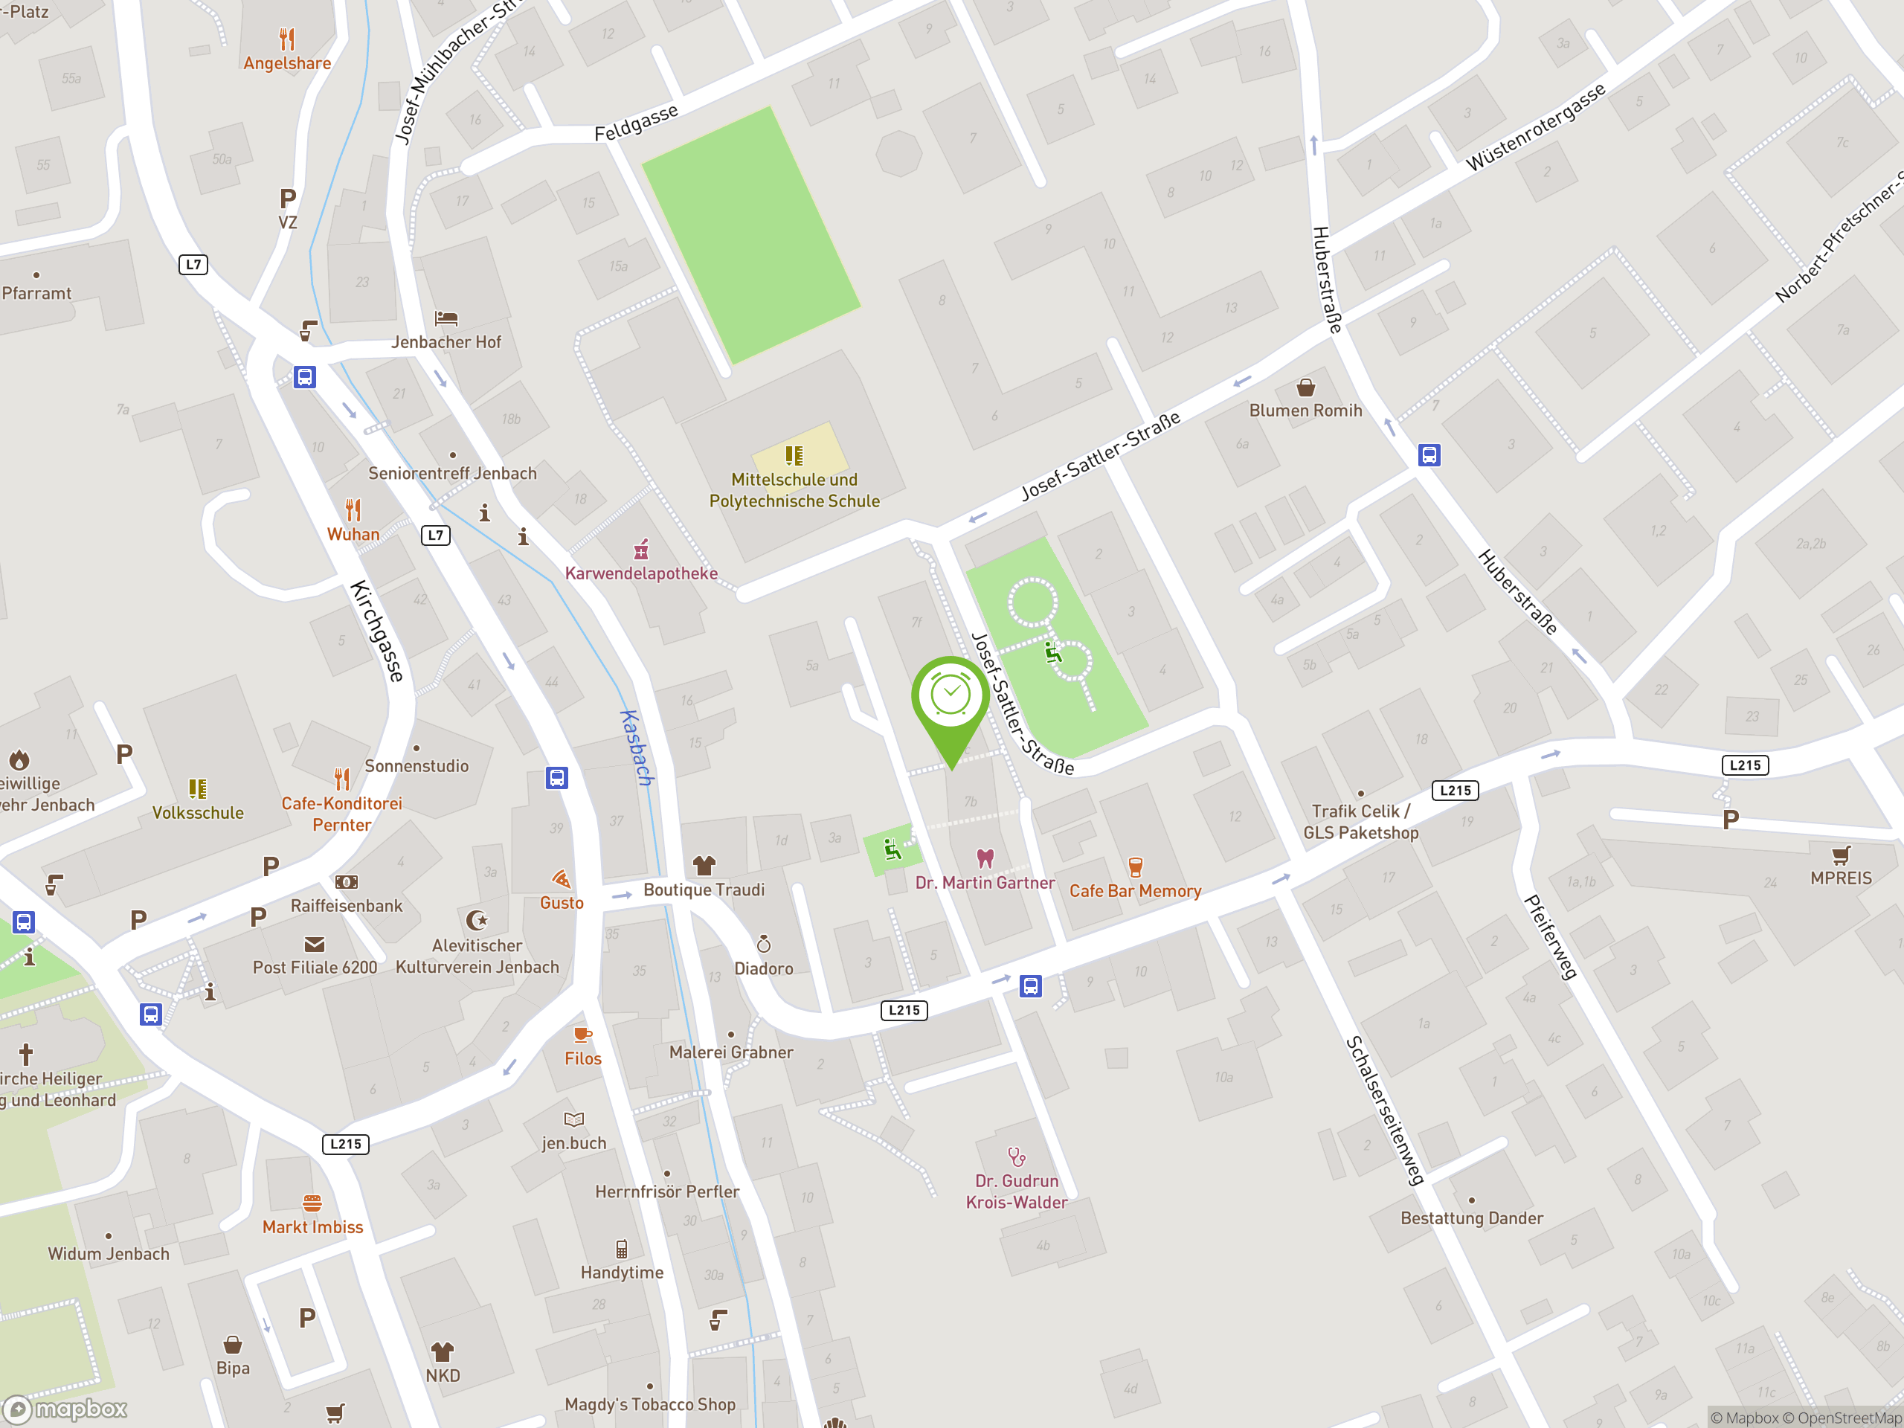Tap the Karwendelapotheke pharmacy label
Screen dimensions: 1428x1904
click(x=641, y=573)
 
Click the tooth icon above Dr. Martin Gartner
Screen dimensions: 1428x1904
click(x=985, y=858)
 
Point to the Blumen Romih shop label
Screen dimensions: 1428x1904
click(x=1305, y=411)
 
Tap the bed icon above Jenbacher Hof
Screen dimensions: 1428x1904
click(x=446, y=318)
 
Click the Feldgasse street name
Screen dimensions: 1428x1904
click(x=636, y=122)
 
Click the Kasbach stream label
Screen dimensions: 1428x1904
click(x=637, y=746)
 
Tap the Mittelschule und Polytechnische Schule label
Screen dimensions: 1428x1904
click(x=794, y=490)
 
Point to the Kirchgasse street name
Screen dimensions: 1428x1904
click(x=377, y=631)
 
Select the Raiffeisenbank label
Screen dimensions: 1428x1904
click(x=346, y=906)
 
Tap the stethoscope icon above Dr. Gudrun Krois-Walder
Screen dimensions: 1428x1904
click(x=1017, y=1156)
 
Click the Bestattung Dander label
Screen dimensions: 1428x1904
click(x=1471, y=1218)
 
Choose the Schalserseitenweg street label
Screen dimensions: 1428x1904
click(x=1384, y=1110)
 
